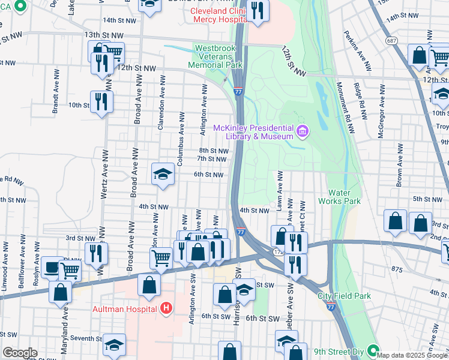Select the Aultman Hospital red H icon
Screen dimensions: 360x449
click(167, 308)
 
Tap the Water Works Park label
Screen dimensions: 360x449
click(344, 197)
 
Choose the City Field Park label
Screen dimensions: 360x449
click(344, 296)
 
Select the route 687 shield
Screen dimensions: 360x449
click(391, 40)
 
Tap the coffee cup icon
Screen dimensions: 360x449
click(50, 268)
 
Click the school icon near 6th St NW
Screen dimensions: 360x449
click(162, 174)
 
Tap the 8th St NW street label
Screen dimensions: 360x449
click(213, 151)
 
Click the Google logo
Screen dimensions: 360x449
click(19, 353)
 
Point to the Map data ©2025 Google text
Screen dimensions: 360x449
click(412, 355)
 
